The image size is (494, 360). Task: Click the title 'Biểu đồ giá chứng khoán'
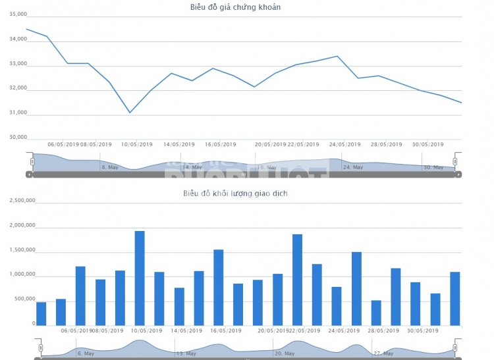pos(235,7)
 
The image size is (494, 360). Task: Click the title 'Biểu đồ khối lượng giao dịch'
pos(235,193)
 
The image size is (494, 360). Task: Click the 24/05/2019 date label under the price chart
pos(345,144)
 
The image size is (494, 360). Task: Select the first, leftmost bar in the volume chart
pos(41,313)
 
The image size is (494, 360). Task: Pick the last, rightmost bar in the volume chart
pos(454,298)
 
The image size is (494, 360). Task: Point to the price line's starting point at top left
pos(26,29)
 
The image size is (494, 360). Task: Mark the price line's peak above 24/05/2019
pos(337,56)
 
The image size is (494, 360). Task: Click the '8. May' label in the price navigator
pos(109,167)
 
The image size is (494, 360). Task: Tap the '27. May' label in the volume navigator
pos(383,353)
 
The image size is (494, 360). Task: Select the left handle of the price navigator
pos(32,161)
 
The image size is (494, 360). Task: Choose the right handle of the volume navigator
pos(454,347)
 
